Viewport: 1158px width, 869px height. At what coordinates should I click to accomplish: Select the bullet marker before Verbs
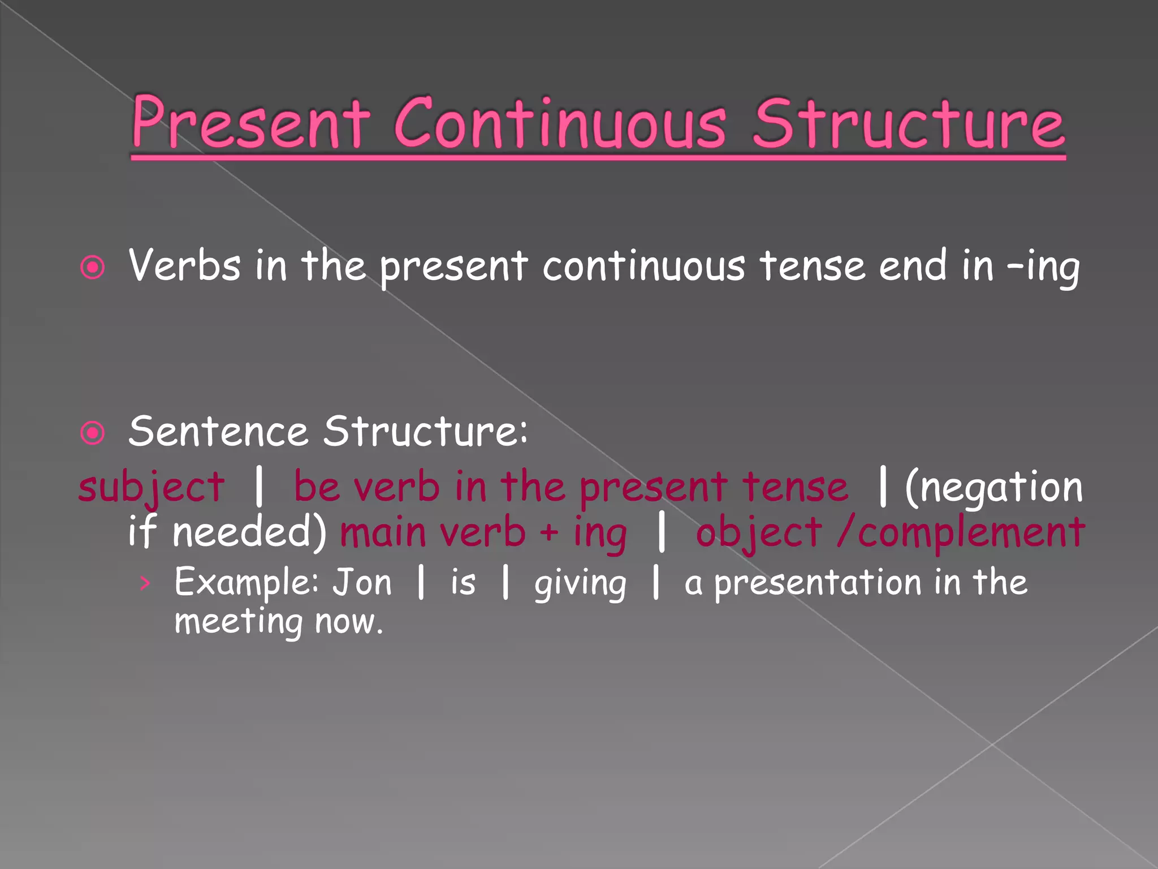pos(93,267)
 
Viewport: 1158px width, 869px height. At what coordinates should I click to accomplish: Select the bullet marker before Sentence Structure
pos(93,434)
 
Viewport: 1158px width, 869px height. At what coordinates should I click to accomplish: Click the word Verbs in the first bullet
pos(184,266)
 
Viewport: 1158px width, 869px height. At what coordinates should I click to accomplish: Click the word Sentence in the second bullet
pos(218,432)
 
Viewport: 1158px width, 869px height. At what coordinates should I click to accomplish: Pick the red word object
pos(758,534)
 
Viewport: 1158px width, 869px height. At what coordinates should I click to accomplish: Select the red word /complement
pos(961,534)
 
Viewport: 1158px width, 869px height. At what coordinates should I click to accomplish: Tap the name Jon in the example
pos(362,583)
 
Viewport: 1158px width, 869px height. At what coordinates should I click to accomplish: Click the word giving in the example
pos(580,584)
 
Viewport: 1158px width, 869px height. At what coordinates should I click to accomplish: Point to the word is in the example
pos(463,583)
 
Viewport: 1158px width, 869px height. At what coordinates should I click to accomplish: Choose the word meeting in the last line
pos(238,622)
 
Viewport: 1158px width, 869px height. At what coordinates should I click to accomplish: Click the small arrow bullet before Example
pos(145,583)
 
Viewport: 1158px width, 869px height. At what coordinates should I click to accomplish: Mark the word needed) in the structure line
pos(249,534)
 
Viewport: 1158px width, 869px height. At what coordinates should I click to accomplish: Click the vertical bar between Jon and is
pos(421,583)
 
